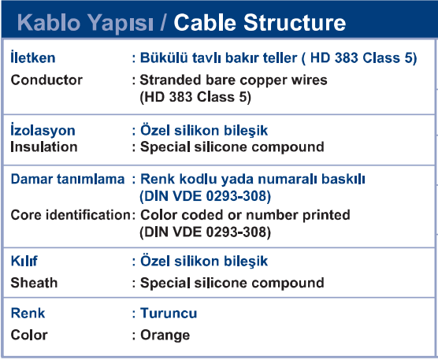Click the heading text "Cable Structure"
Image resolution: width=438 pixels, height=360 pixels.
click(x=260, y=22)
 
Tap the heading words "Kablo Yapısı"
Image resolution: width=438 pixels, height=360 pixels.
click(x=85, y=24)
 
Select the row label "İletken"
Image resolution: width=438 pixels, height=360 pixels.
click(x=33, y=57)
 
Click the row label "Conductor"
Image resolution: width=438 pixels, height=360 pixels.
click(x=46, y=80)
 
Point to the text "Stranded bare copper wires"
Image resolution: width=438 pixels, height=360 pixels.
click(x=233, y=80)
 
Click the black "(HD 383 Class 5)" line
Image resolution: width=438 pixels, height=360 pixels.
click(x=195, y=97)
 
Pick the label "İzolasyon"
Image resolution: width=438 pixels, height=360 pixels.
click(x=43, y=130)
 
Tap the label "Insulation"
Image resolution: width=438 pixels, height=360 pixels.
click(x=44, y=147)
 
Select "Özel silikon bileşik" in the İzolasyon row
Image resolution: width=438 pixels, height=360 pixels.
click(x=204, y=131)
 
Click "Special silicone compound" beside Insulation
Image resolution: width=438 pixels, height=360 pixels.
click(x=232, y=147)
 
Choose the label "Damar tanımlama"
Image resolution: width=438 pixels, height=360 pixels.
click(x=68, y=179)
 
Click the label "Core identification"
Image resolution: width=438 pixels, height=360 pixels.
click(x=71, y=215)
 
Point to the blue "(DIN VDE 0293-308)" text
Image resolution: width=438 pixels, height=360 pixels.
click(x=206, y=196)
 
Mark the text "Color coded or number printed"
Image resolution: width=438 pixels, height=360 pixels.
click(x=245, y=215)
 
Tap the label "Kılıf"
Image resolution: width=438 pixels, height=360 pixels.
click(x=24, y=261)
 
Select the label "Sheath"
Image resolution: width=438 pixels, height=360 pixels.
click(x=34, y=283)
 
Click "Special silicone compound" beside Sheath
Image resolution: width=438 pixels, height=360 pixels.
click(x=232, y=283)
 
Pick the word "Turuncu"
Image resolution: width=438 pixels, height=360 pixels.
click(x=169, y=313)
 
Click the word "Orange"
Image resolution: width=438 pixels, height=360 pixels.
click(x=165, y=335)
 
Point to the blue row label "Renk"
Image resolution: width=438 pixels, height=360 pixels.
click(x=28, y=313)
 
